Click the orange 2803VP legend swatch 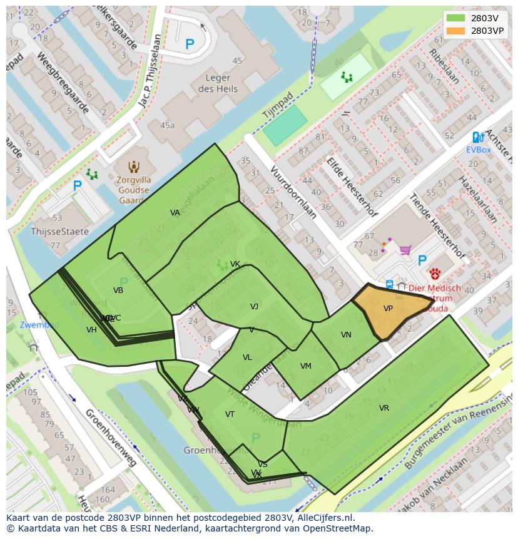tap(456, 30)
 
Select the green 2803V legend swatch tap(456, 18)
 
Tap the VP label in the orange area tap(388, 309)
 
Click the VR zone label tap(383, 408)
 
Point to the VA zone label tap(175, 213)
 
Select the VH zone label tap(91, 330)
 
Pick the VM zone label tap(305, 366)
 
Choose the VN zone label tap(346, 335)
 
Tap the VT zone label tap(230, 414)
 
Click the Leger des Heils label tap(218, 84)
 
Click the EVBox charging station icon tap(477, 137)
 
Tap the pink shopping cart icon tap(405, 250)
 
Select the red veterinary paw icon tap(435, 273)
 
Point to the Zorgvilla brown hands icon tap(133, 167)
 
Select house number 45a tap(167, 125)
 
